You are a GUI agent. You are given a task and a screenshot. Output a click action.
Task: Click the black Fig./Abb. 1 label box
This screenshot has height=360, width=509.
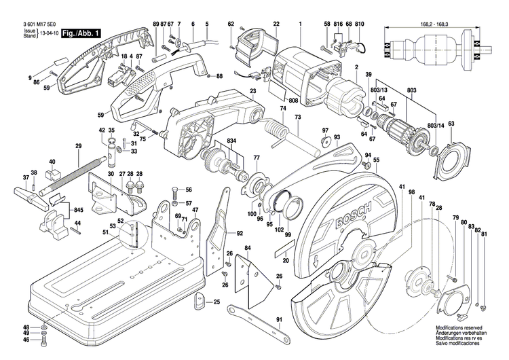coord(83,33)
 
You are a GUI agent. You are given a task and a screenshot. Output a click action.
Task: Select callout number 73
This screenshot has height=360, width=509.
coord(297,118)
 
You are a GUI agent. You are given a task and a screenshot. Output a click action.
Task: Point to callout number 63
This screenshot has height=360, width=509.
coord(451,123)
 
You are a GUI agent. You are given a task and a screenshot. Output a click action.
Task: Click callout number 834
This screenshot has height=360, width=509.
coord(232,141)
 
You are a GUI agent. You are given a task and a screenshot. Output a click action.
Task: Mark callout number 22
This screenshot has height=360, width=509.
coord(276,24)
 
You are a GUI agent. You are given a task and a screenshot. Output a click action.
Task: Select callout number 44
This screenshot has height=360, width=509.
coord(77,223)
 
